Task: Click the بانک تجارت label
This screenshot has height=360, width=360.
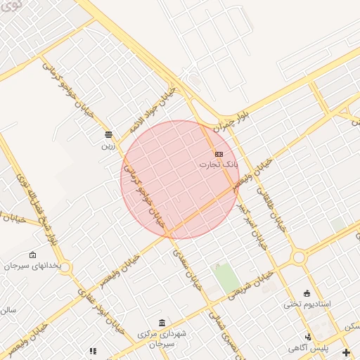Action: [219, 165]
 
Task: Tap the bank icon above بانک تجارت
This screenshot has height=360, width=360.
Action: [219, 154]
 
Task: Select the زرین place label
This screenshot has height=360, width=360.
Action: [108, 146]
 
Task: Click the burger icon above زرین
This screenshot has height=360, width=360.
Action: [108, 134]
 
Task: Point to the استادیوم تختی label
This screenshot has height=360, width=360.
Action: [307, 304]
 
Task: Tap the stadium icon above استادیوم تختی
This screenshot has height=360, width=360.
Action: [307, 293]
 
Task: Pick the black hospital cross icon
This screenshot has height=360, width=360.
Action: [345, 352]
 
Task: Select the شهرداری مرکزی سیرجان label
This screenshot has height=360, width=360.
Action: [162, 337]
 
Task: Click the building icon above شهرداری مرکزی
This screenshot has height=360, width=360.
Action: [162, 323]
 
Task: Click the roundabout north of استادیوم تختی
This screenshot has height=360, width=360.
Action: [299, 257]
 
